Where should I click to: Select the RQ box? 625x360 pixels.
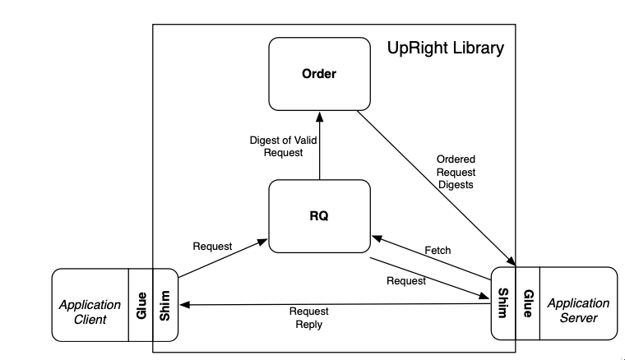point(319,216)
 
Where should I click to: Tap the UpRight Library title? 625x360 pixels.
point(445,48)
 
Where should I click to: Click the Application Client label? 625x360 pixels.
point(90,312)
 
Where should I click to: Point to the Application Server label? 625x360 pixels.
point(578,311)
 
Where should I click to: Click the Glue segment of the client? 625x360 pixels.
point(141,304)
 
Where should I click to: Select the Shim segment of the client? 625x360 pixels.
point(164,304)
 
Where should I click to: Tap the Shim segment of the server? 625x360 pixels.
point(503,303)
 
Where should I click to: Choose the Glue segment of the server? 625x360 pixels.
point(528,303)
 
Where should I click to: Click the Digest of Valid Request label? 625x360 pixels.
point(282,146)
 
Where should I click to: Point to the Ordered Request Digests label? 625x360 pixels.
point(456,172)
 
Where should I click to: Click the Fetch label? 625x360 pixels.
point(437,249)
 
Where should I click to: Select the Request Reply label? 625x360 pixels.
point(308,318)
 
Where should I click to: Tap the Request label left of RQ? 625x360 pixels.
point(213,246)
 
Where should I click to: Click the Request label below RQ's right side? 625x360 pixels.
point(405,281)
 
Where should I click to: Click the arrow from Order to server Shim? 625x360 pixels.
point(436,189)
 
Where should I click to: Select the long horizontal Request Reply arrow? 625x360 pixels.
point(329,305)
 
